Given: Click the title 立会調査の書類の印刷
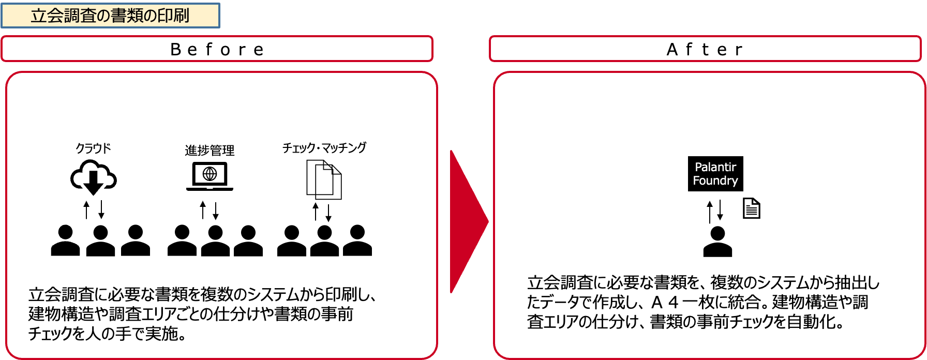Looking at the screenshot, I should (110, 16).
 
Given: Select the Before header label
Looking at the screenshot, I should (217, 50).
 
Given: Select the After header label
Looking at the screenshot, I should (705, 50).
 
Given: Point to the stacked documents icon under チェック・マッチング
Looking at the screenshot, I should (324, 179).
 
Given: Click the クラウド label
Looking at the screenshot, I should (93, 148).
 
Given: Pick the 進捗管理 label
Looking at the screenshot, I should (210, 150).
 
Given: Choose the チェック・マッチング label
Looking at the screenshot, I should (324, 148).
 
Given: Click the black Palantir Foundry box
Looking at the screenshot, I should (715, 174).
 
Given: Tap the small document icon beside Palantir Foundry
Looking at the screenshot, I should (751, 208).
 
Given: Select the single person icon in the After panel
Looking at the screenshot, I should (717, 242).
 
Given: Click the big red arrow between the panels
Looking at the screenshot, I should (468, 221).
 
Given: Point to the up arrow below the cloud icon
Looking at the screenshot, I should (87, 210).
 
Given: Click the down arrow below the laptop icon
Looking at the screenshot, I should (216, 210).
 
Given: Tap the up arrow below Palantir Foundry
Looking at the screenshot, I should (710, 211).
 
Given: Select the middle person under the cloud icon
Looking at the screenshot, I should (100, 241).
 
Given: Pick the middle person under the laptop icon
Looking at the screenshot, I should (215, 241).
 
